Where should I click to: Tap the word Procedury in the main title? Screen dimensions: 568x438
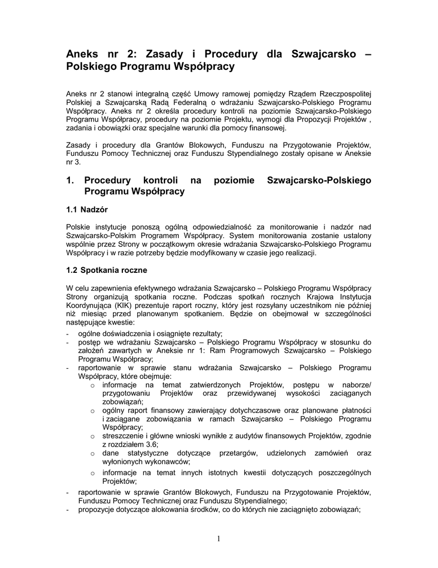[x=231, y=54]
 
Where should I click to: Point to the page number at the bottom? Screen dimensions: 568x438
[x=219, y=537]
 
